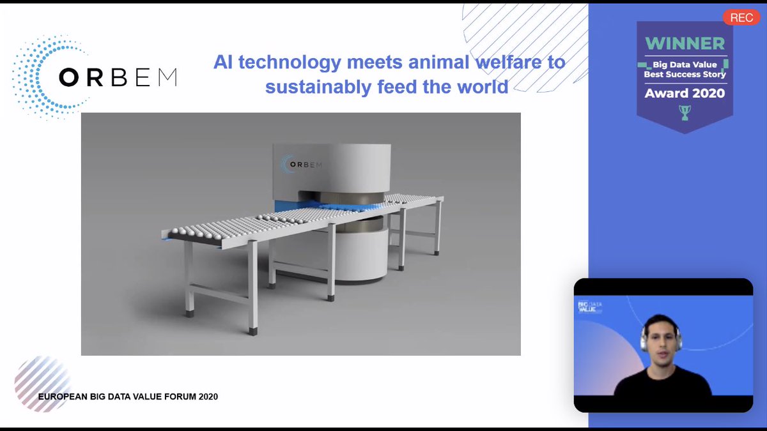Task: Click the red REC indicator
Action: click(x=741, y=17)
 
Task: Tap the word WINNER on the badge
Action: click(x=685, y=43)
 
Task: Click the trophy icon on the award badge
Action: click(x=685, y=114)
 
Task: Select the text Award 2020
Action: click(x=685, y=93)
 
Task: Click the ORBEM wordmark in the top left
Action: click(x=118, y=77)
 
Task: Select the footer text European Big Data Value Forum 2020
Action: click(x=128, y=397)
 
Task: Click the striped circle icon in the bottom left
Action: click(x=42, y=382)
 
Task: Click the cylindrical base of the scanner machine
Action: click(x=361, y=255)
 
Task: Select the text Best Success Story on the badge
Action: click(x=685, y=74)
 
